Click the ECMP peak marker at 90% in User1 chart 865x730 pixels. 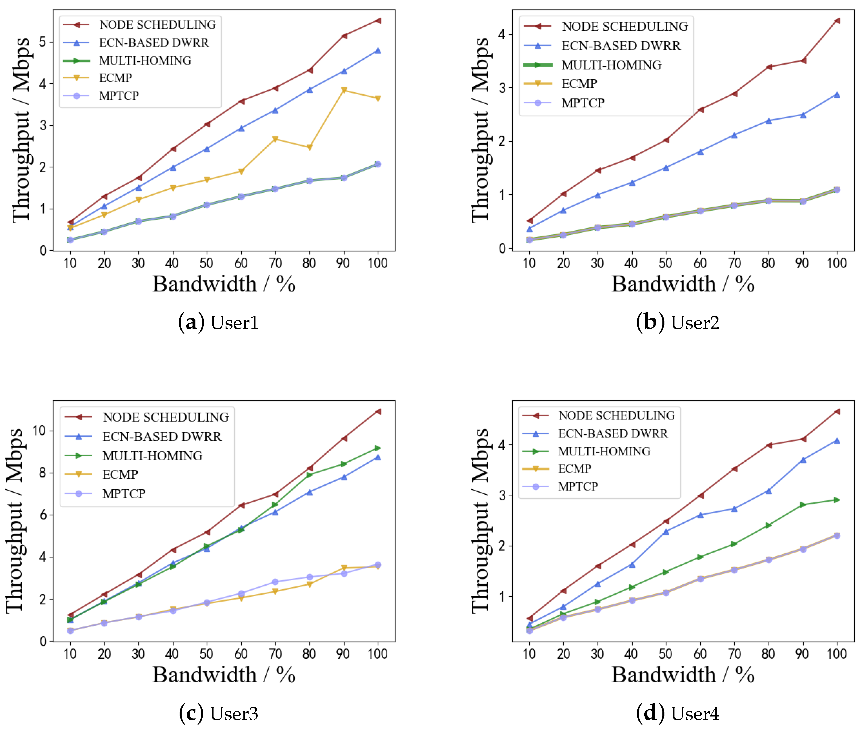tap(343, 90)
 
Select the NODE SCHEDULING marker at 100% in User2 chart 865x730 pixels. tap(837, 21)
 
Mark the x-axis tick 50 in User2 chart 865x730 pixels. tap(665, 263)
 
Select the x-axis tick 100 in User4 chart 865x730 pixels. tap(837, 654)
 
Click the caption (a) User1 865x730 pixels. tap(218, 322)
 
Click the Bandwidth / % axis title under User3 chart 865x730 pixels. tap(224, 675)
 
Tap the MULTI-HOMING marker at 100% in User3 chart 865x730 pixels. tap(377, 448)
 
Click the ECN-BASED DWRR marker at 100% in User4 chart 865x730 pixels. tap(837, 441)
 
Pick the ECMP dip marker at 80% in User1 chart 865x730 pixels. tap(309, 147)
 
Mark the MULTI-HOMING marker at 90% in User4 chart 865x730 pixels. tap(803, 504)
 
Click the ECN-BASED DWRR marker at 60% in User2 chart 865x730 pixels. tap(700, 152)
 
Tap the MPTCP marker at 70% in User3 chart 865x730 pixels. tap(275, 582)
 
